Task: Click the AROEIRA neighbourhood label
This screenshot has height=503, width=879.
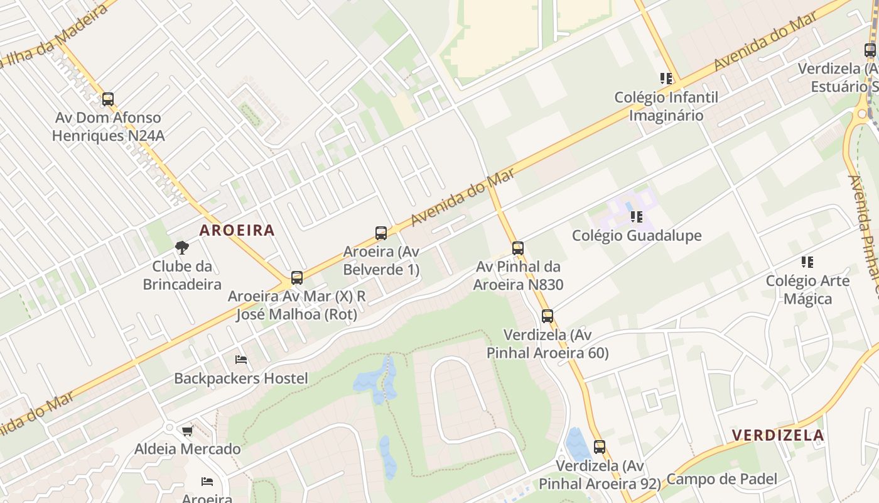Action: pos(237,230)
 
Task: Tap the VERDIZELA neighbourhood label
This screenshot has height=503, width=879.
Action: pos(778,435)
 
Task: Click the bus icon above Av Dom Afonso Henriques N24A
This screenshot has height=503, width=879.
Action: pos(108,99)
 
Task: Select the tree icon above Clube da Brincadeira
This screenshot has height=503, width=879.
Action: pos(182,248)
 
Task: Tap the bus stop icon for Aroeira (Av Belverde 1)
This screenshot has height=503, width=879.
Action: pos(381,233)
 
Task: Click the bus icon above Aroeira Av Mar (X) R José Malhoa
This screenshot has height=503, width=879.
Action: pos(297,278)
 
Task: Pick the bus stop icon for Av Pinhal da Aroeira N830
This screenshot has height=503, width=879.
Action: pos(518,248)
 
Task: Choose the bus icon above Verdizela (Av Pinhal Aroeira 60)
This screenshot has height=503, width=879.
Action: pos(547,316)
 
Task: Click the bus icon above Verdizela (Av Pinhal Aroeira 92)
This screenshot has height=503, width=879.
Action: pos(600,448)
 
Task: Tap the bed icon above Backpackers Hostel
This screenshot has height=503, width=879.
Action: pos(241,360)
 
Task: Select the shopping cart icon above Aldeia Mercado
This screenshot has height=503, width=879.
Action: pos(187,431)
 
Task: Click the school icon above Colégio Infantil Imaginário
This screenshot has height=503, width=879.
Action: pos(666,79)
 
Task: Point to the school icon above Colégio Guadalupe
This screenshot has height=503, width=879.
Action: pos(637,218)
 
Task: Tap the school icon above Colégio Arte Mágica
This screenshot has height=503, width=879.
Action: pos(807,262)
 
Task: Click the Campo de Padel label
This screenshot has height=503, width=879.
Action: pos(721,479)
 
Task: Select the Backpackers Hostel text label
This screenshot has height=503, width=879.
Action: pos(241,379)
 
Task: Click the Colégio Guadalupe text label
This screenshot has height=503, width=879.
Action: pos(637,236)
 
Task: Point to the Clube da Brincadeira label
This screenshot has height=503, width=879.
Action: pos(182,275)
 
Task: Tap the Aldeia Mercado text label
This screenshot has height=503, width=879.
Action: pos(187,449)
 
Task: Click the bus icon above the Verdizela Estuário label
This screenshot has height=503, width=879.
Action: pos(870,50)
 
